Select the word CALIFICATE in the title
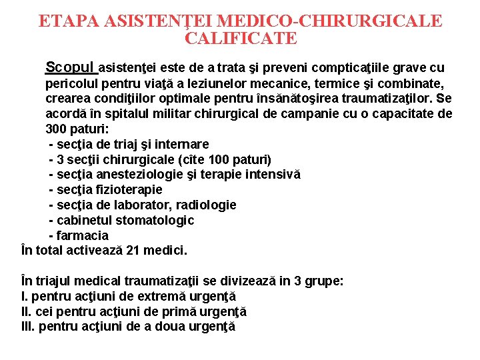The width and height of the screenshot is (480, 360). pyautogui.click(x=240, y=39)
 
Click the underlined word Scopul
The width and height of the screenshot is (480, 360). pyautogui.click(x=71, y=67)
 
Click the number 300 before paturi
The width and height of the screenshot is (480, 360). pyautogui.click(x=56, y=129)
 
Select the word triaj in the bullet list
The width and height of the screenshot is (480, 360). pyautogui.click(x=120, y=144)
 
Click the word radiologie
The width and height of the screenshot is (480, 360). pyautogui.click(x=206, y=205)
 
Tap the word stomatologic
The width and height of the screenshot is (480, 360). pyautogui.click(x=155, y=221)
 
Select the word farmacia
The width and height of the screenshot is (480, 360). pyautogui.click(x=83, y=236)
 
